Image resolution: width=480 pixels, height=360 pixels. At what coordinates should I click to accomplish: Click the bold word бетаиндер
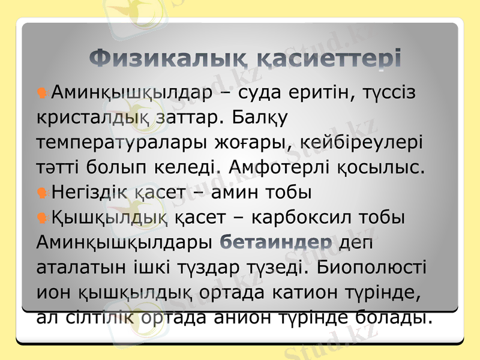tap(277, 242)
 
